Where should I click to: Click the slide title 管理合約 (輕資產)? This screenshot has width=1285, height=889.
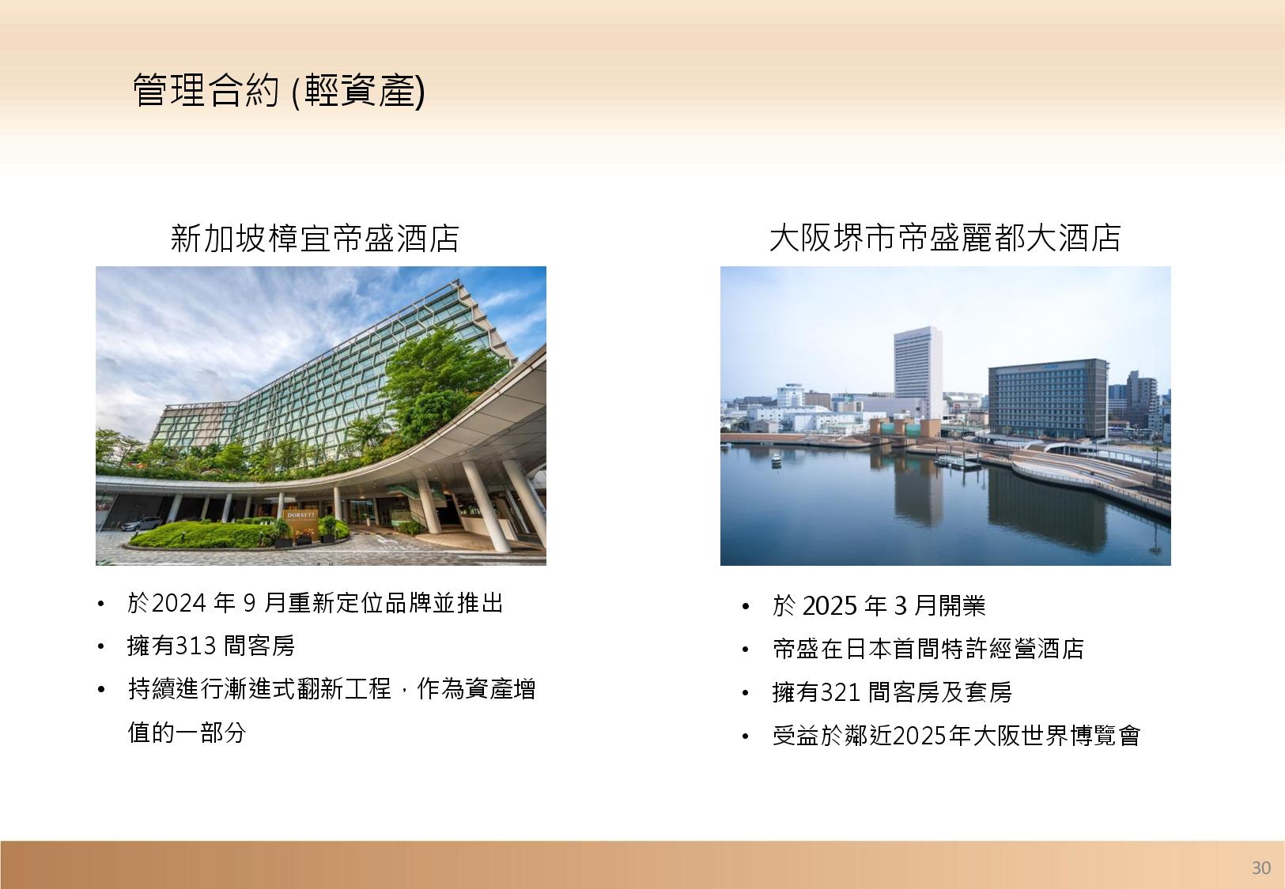279,91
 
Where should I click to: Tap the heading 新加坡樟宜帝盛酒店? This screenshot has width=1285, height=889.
315,239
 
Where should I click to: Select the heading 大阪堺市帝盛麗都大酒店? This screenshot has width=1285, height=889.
945,238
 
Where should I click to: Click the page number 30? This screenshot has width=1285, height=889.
1261,868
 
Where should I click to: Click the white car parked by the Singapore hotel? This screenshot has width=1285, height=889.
142,523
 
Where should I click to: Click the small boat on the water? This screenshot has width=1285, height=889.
777,460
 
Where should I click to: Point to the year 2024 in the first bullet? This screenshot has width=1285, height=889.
179,603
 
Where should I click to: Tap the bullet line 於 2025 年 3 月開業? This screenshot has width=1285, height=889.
879,606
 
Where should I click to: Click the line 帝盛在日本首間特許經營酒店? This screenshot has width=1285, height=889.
928,649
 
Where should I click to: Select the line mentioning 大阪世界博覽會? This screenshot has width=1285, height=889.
956,736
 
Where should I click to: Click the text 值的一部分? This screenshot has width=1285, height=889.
187,732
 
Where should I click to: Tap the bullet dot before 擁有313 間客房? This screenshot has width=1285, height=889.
101,647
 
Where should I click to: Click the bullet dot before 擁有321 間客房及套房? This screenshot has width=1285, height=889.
745,694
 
